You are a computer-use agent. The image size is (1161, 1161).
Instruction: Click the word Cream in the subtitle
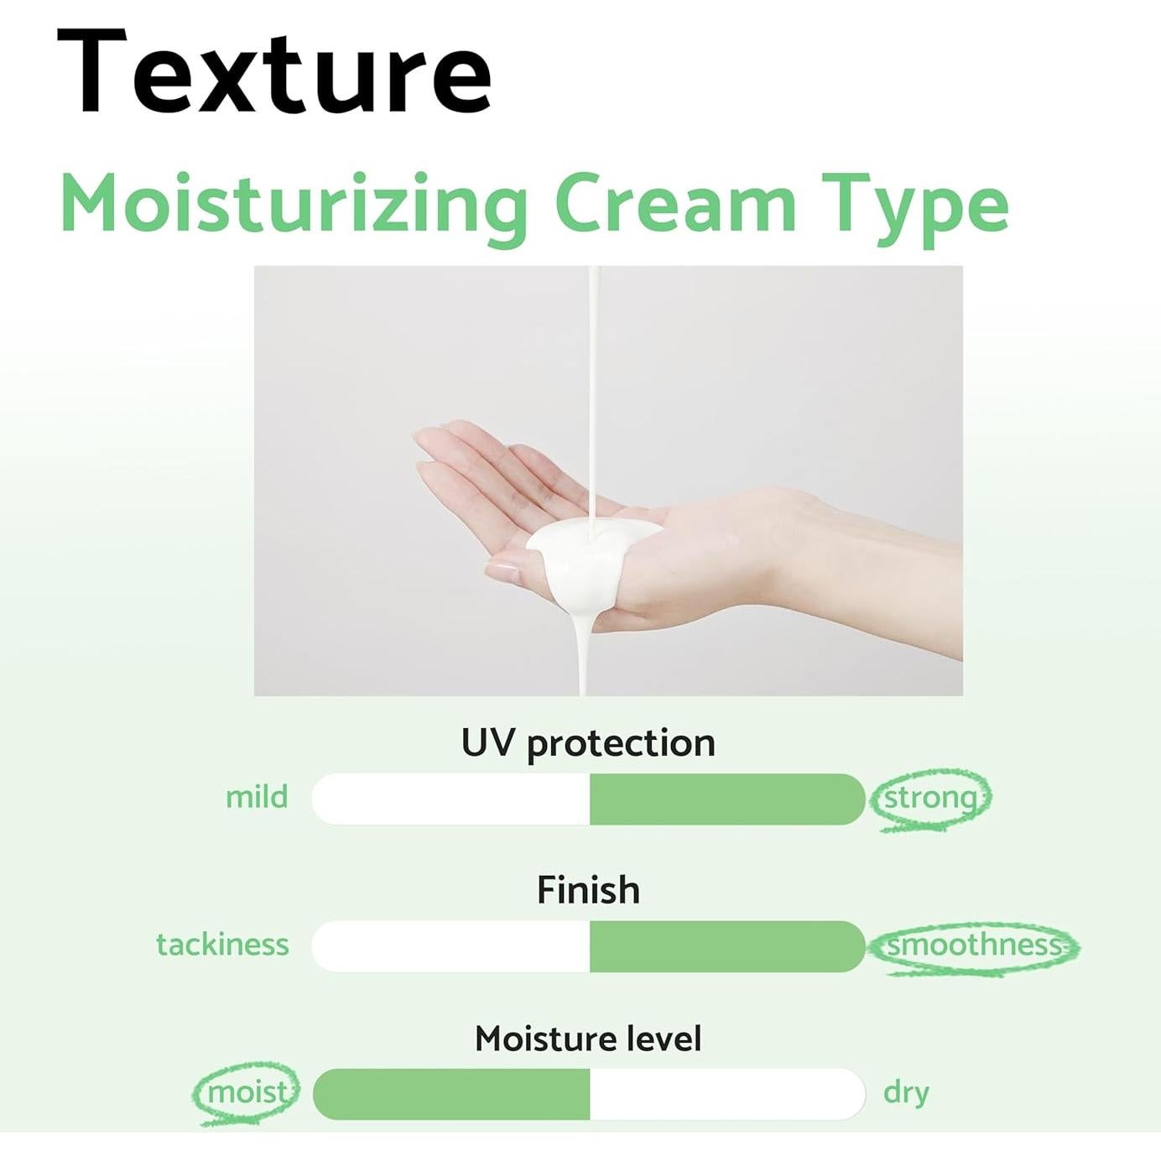click(674, 204)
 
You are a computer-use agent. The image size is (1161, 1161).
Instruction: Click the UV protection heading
click(588, 743)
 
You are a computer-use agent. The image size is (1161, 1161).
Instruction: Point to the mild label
click(256, 797)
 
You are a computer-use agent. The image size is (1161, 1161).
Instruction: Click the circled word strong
click(931, 798)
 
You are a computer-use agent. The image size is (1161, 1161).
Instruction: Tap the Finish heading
click(588, 890)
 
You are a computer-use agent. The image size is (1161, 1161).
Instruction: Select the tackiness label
click(222, 945)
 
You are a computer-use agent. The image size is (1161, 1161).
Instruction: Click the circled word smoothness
click(973, 945)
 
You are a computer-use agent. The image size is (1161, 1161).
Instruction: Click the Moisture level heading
click(588, 1039)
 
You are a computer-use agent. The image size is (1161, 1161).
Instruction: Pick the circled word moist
click(247, 1092)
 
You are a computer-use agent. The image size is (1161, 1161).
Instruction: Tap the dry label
click(906, 1092)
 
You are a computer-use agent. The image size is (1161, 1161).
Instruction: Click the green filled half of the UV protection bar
click(726, 799)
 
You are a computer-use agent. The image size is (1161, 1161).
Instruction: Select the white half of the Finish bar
click(451, 946)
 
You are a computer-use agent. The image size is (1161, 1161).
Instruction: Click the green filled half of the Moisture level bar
click(451, 1094)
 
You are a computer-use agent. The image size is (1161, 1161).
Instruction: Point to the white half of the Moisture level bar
click(726, 1094)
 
